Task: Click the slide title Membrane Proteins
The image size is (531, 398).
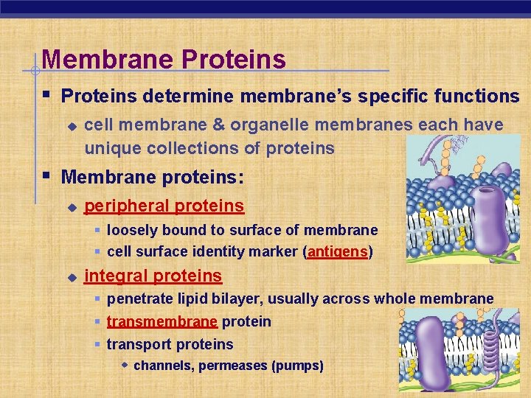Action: pos(164,59)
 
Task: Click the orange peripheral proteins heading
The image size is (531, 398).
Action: pos(164,205)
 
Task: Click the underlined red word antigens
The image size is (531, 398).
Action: pos(337,252)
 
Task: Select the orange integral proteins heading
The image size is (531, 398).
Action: pos(153,276)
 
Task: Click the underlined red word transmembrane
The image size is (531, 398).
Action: pos(162,322)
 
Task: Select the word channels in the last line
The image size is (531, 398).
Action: pos(162,366)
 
